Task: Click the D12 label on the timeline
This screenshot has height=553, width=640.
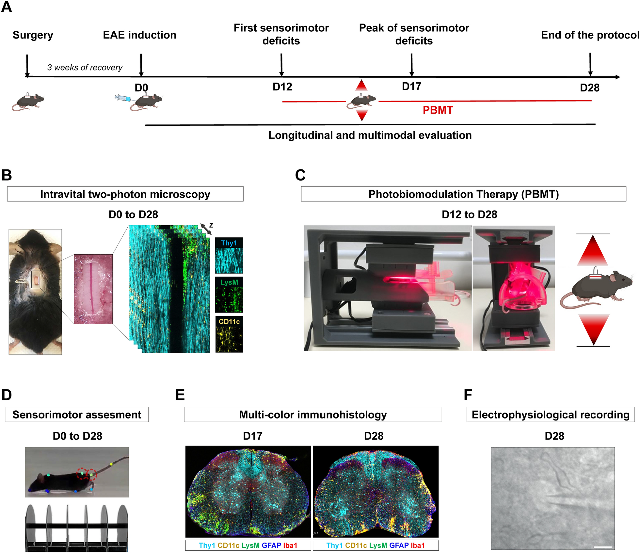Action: pyautogui.click(x=282, y=87)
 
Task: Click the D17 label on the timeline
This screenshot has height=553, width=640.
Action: pyautogui.click(x=411, y=87)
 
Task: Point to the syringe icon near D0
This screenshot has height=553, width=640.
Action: pyautogui.click(x=122, y=98)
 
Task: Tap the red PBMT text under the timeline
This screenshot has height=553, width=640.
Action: pyautogui.click(x=438, y=110)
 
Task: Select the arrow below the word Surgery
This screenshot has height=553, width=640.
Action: pyautogui.click(x=27, y=65)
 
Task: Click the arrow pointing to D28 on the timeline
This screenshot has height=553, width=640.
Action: pyautogui.click(x=590, y=64)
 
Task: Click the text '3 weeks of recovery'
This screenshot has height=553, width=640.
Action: pyautogui.click(x=85, y=68)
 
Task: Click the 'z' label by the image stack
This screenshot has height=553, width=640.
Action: pyautogui.click(x=211, y=225)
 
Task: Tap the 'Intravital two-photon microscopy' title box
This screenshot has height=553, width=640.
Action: pyautogui.click(x=125, y=194)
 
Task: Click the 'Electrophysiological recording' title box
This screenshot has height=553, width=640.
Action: pyautogui.click(x=551, y=415)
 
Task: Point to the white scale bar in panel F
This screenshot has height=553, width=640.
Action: pyautogui.click(x=602, y=547)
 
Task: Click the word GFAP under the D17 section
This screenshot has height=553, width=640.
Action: pyautogui.click(x=271, y=545)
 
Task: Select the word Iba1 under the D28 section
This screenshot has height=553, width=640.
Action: pyautogui.click(x=418, y=545)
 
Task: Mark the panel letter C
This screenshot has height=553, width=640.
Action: pyautogui.click(x=300, y=175)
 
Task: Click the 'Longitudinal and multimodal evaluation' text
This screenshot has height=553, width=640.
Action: pyautogui.click(x=370, y=135)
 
